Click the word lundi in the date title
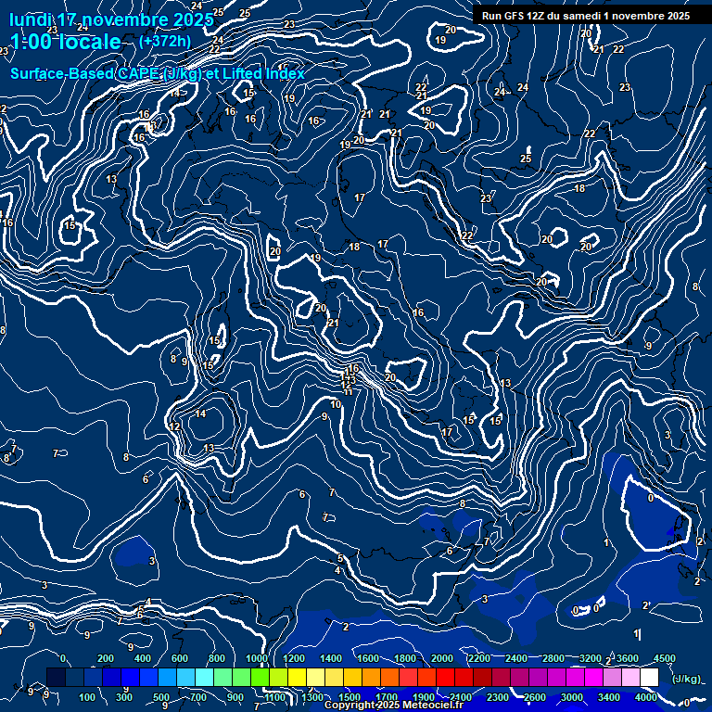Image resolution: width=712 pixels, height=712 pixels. click(31, 20)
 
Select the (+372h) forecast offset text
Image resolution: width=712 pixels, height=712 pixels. click(164, 41)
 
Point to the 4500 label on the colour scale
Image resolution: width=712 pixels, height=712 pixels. click(665, 658)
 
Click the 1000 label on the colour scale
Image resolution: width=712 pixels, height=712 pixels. click(257, 658)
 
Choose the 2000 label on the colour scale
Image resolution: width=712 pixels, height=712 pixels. click(442, 658)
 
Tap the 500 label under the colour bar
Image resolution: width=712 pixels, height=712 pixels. click(161, 697)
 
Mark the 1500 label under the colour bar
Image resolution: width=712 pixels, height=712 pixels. click(350, 697)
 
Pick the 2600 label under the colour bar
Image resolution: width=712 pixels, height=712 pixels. click(535, 697)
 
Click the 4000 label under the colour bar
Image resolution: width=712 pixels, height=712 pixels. click(646, 697)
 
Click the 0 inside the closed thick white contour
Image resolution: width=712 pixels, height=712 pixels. click(650, 498)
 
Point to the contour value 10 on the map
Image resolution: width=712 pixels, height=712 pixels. click(336, 404)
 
